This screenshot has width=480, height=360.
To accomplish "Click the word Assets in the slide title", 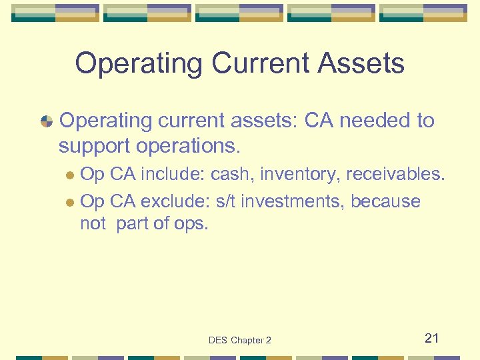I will [362, 64].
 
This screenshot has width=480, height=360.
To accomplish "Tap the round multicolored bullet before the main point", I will [47, 121].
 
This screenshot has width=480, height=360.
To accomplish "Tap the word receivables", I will [394, 175].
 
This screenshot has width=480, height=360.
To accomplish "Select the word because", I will [385, 201].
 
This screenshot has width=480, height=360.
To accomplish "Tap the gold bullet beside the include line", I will [71, 175].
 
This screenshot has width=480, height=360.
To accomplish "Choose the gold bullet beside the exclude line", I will [71, 202].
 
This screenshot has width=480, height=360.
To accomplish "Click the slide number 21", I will [432, 339].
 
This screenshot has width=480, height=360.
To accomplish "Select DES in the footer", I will [218, 341].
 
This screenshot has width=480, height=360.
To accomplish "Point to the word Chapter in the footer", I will [247, 341].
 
